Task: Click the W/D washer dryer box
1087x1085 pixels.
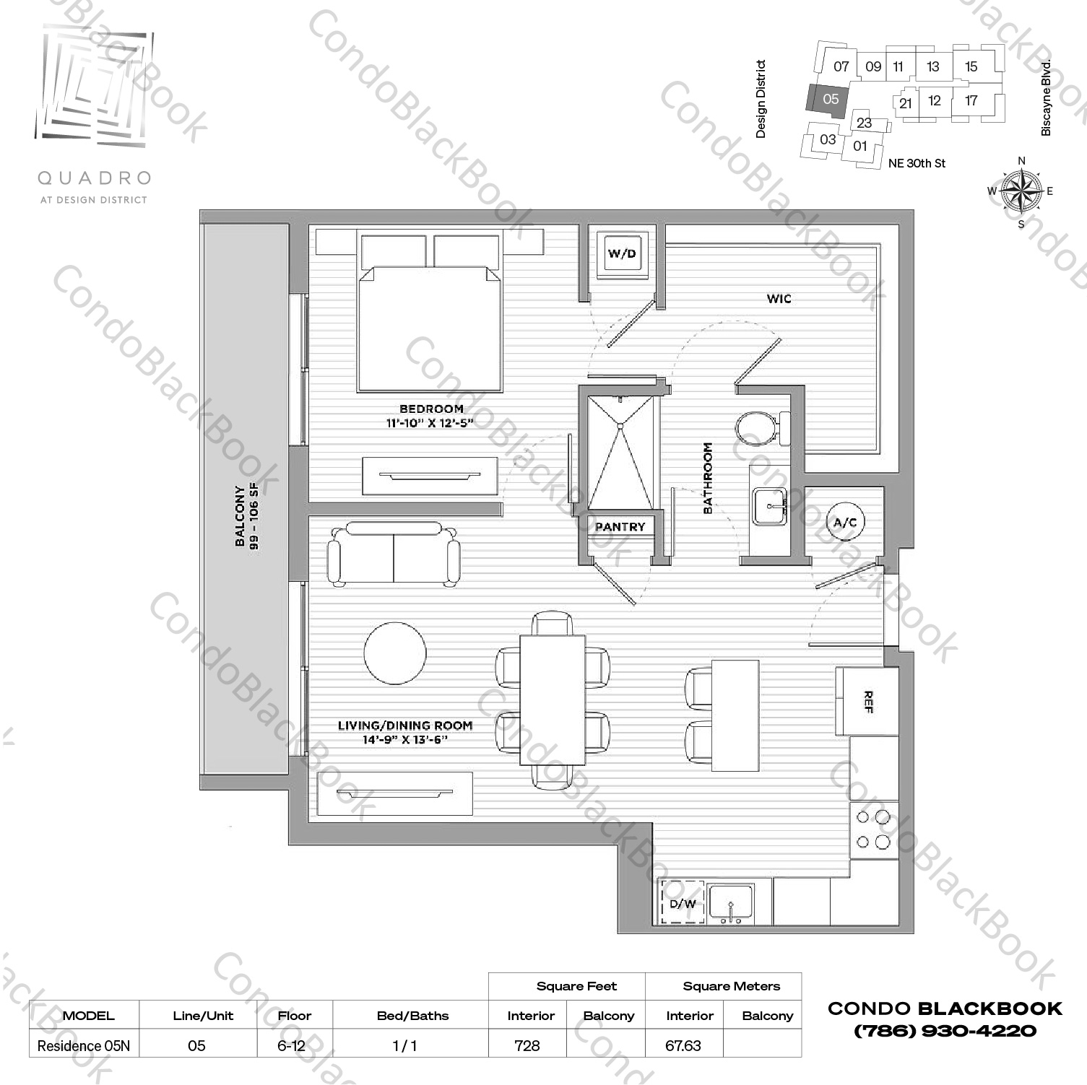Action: (x=622, y=253)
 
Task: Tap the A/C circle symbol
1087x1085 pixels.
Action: (x=844, y=522)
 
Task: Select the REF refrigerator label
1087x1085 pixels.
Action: (x=868, y=701)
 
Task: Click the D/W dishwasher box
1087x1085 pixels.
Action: (x=683, y=902)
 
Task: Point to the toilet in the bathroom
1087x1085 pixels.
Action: (x=761, y=428)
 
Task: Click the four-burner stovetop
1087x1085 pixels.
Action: (x=872, y=829)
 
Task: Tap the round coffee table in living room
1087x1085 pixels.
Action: (x=395, y=653)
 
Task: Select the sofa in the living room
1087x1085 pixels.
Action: (x=394, y=554)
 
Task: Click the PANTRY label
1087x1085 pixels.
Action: (x=620, y=527)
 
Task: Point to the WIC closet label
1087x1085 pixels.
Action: (x=779, y=298)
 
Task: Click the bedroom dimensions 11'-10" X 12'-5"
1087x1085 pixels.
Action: (x=430, y=423)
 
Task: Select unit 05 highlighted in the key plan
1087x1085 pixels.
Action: (x=829, y=99)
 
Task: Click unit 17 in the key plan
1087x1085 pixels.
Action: (x=971, y=100)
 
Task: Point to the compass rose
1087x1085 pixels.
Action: (x=1021, y=191)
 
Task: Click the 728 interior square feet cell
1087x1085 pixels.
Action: (x=527, y=1045)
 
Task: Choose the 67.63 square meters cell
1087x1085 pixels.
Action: (x=683, y=1045)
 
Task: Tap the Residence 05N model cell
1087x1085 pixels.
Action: (x=84, y=1045)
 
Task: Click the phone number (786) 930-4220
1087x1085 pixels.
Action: (x=945, y=1031)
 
